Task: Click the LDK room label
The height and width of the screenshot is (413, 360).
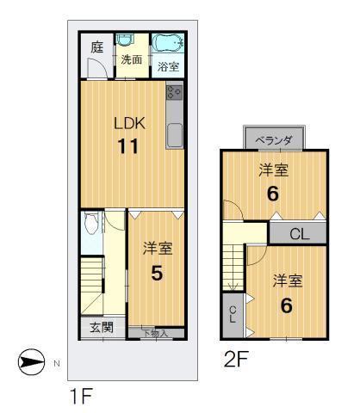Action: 130,123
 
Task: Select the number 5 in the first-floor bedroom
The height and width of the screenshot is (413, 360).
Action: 158,273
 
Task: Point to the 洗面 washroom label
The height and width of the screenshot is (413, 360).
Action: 132,60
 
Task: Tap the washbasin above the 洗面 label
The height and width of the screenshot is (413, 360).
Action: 127,42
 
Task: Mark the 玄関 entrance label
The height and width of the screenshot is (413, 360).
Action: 102,327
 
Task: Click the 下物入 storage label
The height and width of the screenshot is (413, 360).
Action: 156,332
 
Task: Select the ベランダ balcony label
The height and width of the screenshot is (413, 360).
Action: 275,139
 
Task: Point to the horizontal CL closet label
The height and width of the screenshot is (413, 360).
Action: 298,232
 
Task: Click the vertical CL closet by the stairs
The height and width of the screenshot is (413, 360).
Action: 232,315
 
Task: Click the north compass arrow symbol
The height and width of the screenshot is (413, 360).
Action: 29,363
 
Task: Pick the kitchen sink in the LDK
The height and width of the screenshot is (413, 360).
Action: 175,135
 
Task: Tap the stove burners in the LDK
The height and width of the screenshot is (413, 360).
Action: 175,92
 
